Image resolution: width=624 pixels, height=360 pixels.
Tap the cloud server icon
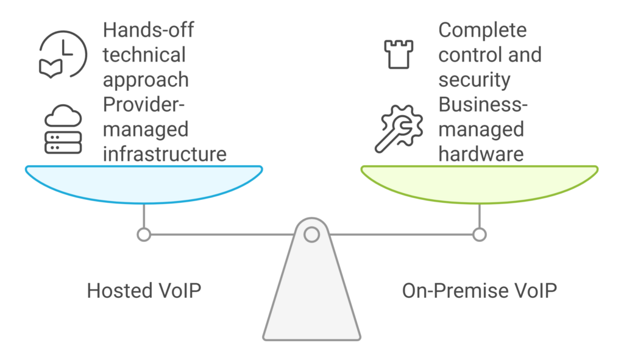point(63,129)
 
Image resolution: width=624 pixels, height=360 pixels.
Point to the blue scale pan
point(144,182)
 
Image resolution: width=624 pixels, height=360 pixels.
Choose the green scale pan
point(480,182)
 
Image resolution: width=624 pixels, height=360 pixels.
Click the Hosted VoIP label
point(144,290)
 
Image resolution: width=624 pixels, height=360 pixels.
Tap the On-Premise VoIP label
point(480,290)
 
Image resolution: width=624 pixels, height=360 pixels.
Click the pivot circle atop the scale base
point(312,234)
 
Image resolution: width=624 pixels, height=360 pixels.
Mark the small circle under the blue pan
point(144,235)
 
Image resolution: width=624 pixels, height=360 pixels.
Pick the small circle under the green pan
point(480,235)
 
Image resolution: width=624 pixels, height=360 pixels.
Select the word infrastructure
point(165,154)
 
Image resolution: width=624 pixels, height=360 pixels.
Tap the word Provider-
point(143,104)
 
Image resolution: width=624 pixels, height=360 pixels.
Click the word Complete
point(483,30)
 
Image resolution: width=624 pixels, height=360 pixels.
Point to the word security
point(475,79)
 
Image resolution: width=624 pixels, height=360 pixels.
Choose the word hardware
point(481,154)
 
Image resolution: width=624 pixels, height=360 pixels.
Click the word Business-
point(483,104)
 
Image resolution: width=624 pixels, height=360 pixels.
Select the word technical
point(144,55)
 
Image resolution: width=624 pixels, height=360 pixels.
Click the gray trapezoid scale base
point(312,292)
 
